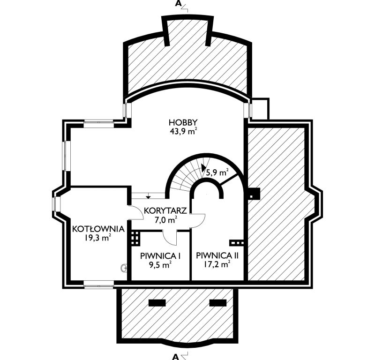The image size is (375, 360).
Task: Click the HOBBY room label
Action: (x=183, y=122)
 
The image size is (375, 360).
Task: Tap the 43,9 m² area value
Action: (x=183, y=132)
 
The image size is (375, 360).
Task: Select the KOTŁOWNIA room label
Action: (x=98, y=229)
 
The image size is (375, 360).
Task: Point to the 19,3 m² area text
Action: (x=97, y=238)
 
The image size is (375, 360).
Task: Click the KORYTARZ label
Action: (x=165, y=211)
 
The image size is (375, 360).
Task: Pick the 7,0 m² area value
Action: (x=166, y=219)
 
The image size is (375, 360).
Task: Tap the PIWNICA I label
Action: (x=160, y=256)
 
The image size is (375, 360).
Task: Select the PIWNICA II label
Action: (x=217, y=255)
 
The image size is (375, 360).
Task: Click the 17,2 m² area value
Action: (x=217, y=264)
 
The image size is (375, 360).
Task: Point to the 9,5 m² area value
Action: (x=160, y=264)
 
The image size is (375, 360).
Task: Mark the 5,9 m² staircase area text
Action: (x=217, y=172)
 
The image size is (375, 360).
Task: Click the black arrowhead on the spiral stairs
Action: (x=203, y=168)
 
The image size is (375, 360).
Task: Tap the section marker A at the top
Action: (x=178, y=3)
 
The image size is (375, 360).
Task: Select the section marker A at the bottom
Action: (x=175, y=357)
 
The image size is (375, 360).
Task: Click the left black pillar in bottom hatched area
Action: (x=157, y=303)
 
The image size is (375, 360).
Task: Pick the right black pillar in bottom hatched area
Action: (x=218, y=303)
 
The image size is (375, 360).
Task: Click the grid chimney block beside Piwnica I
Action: (x=135, y=238)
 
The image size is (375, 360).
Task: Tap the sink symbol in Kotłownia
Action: (x=124, y=268)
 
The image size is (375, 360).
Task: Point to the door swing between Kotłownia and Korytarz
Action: (x=135, y=212)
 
